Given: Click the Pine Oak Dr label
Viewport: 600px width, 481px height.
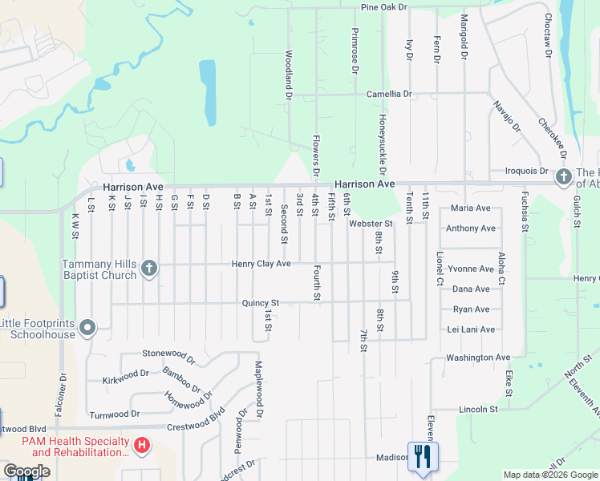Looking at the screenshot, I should (384, 7).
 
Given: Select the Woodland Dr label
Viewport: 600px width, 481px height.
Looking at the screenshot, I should (288, 75).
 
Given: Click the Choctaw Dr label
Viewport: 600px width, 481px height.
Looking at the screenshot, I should (549, 35).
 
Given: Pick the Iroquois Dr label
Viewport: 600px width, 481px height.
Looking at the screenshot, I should (526, 172).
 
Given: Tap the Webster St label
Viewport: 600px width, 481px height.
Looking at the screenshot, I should (369, 224).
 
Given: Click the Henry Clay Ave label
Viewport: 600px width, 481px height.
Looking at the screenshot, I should (261, 263).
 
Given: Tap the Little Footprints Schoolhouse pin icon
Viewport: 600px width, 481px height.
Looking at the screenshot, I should (87, 327).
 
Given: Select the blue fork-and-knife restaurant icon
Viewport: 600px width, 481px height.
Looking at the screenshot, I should (422, 457).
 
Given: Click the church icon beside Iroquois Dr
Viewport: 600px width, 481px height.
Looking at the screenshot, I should (563, 176).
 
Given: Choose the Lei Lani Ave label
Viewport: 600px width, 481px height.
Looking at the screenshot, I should (471, 329).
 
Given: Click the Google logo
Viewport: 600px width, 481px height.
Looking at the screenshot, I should (26, 471).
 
